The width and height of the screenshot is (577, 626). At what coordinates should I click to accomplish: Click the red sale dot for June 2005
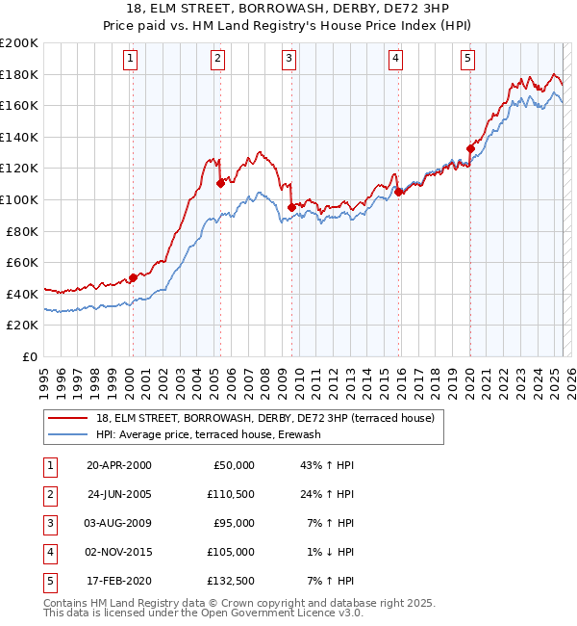click(220, 183)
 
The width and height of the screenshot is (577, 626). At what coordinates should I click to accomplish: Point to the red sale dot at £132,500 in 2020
click(470, 148)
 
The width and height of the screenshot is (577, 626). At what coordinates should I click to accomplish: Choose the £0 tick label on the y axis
click(29, 356)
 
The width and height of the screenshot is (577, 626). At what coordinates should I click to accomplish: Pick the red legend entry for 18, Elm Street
click(265, 418)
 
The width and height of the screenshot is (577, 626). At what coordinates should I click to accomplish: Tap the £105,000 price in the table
click(232, 552)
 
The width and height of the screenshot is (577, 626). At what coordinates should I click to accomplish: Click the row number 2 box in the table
click(48, 494)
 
